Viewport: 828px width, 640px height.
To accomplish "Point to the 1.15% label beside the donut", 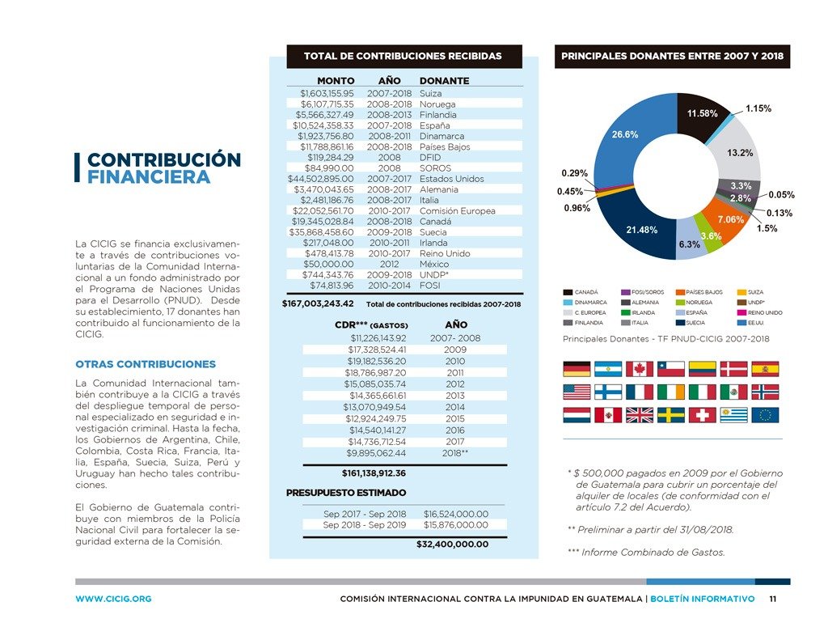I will pyautogui.click(x=758, y=108).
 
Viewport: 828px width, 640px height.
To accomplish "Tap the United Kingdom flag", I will pyautogui.click(x=640, y=415).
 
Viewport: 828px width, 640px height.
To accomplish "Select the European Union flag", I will pyautogui.click(x=765, y=415).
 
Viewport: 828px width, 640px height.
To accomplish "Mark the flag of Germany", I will pyautogui.click(x=577, y=369).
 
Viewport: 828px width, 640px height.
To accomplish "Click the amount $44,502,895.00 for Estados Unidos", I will pyautogui.click(x=321, y=179).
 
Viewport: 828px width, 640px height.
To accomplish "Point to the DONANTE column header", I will pyautogui.click(x=444, y=81).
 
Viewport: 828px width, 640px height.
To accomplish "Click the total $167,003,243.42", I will pyautogui.click(x=318, y=304).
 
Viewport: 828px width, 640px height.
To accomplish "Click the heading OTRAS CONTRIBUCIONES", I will pyautogui.click(x=146, y=364).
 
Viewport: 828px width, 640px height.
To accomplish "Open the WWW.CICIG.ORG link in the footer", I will pyautogui.click(x=113, y=600).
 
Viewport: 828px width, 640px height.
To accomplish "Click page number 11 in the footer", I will pyautogui.click(x=773, y=600).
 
